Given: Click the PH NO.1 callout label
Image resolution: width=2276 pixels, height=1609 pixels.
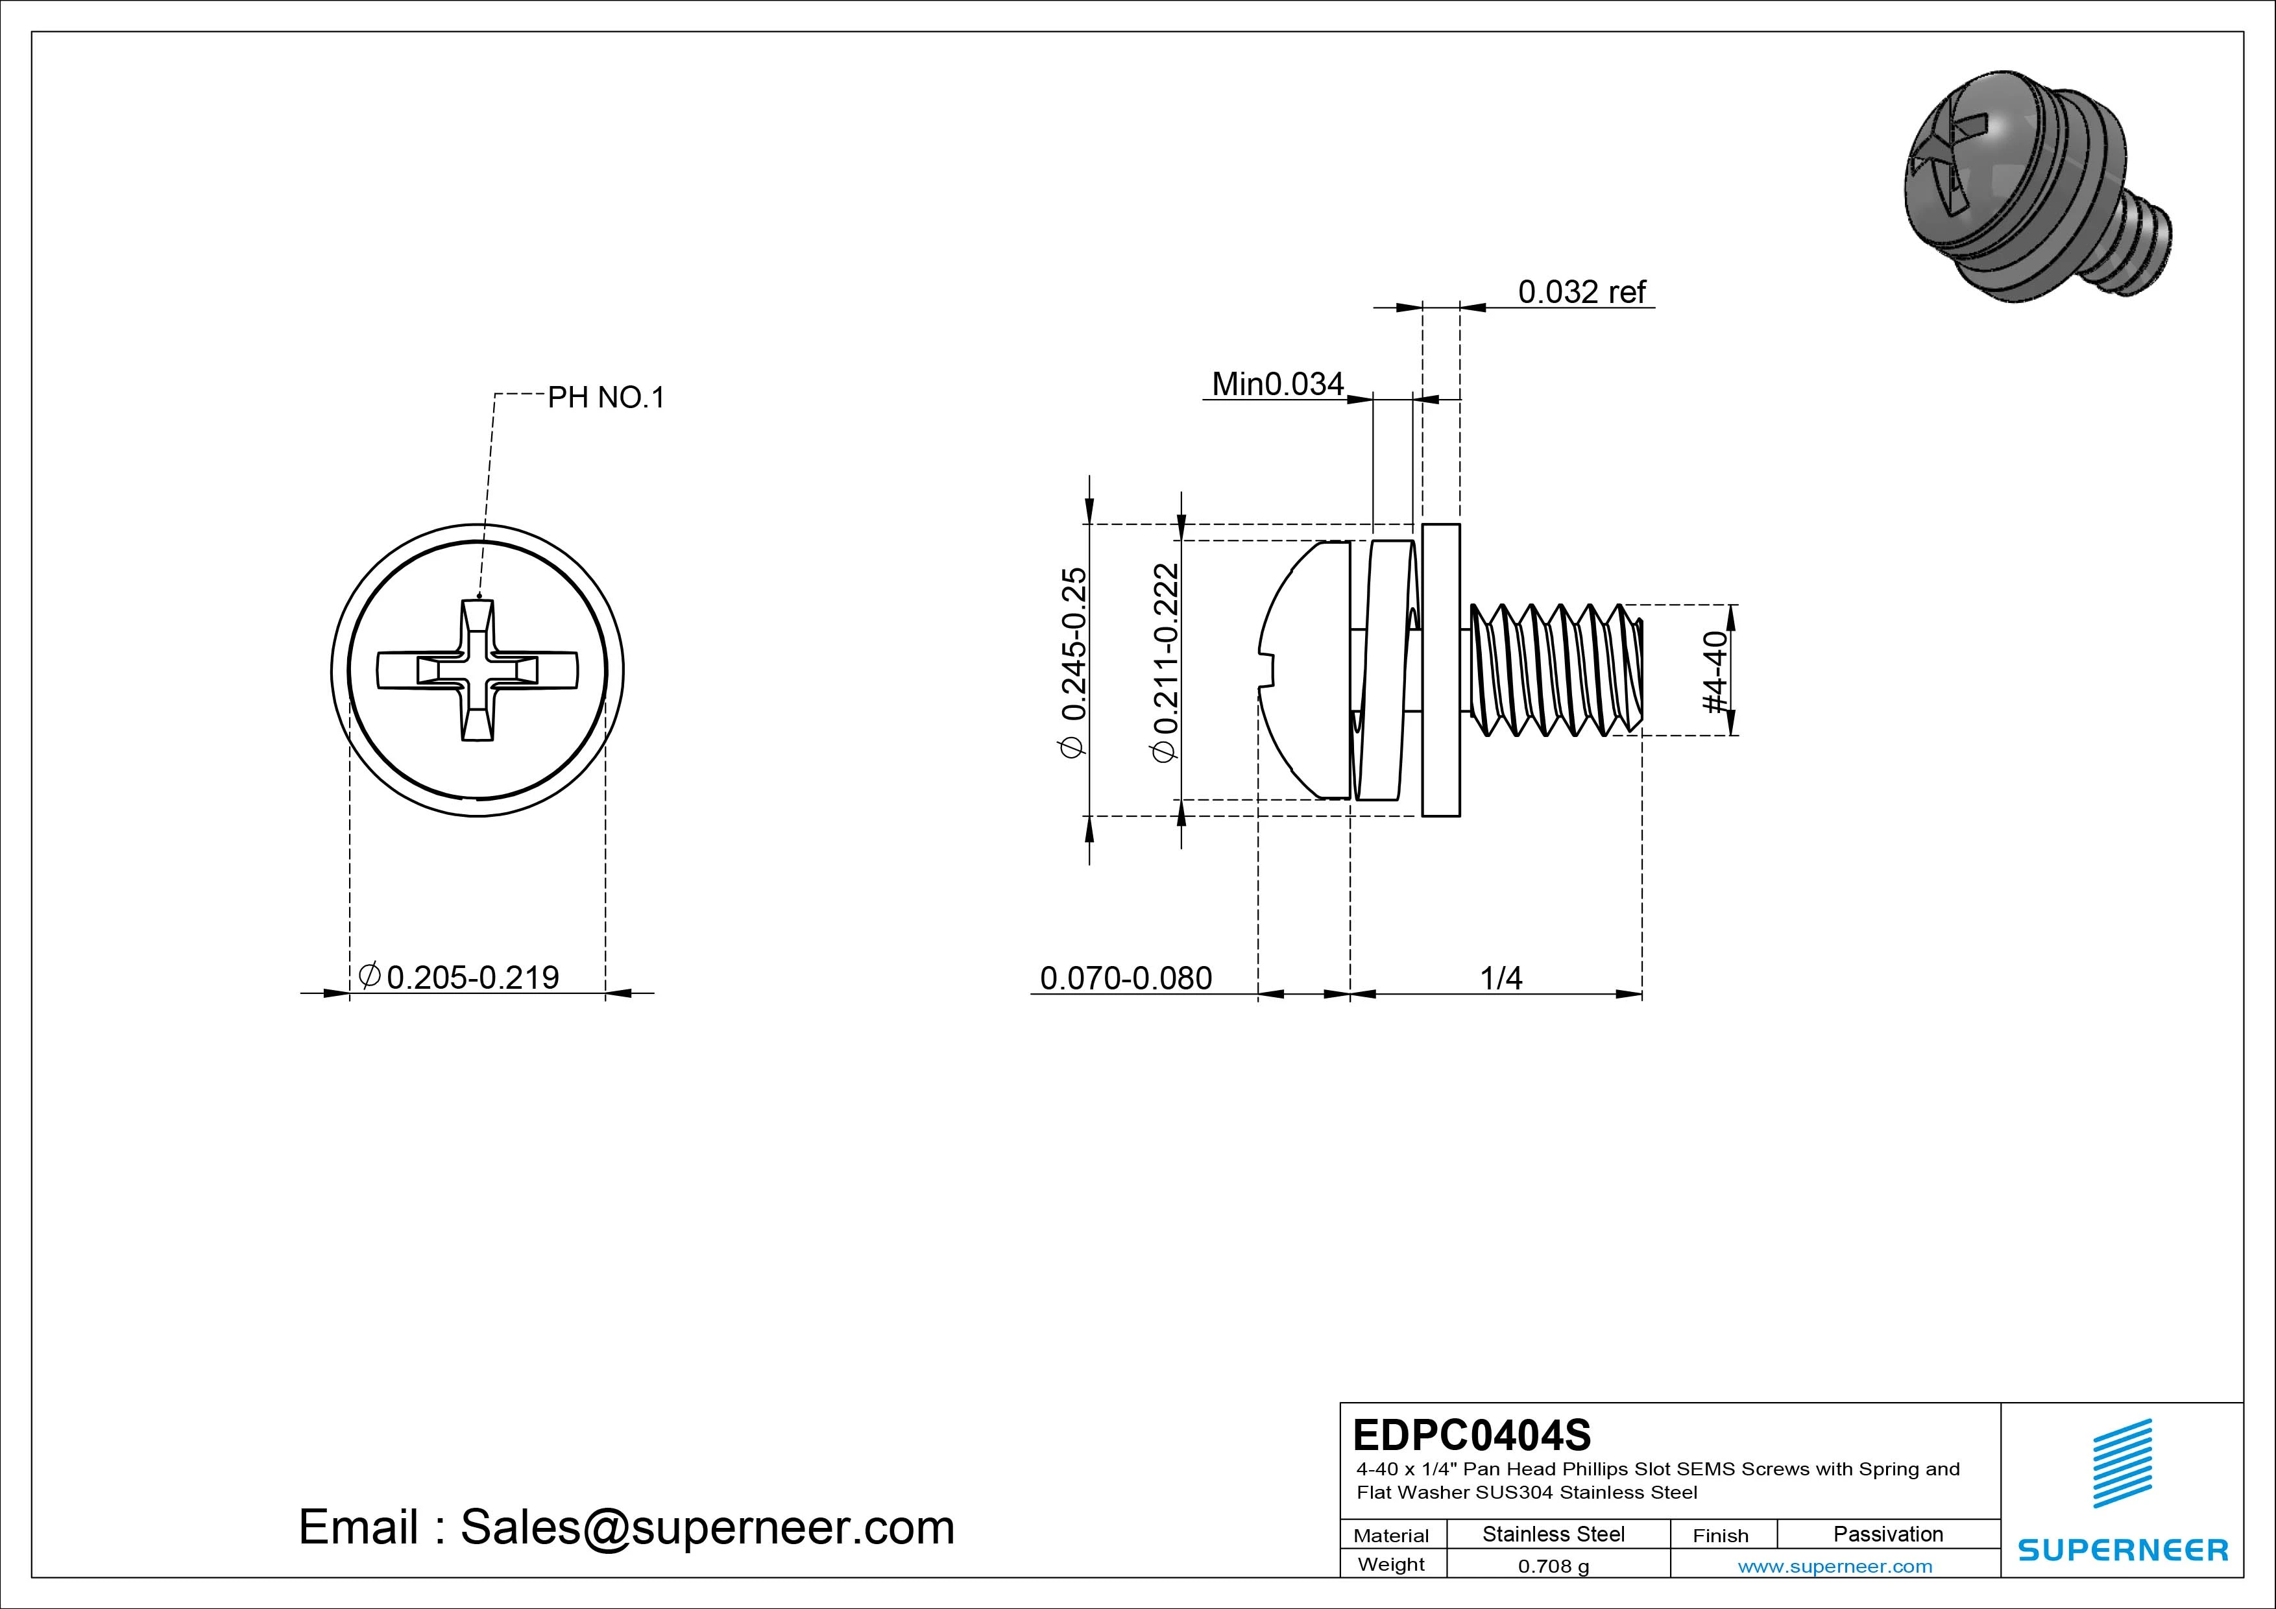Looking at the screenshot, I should pos(606,398).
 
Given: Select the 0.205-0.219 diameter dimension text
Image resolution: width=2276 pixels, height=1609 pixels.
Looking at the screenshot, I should pos(472,978).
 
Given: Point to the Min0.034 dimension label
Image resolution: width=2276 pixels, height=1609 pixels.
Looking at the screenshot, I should pos(1277,383).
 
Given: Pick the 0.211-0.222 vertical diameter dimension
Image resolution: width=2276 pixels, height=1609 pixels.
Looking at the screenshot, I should pos(1166,661).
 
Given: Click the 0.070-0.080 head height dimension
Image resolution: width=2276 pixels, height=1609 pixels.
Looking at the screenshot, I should pos(1125,978).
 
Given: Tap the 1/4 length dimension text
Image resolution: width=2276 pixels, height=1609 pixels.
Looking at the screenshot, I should pos(1500,978).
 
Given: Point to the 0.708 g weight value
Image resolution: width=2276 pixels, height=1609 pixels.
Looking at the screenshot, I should pos(1553,1566).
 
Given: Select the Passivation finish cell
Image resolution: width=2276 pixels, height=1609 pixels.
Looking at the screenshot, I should pos(1887,1534).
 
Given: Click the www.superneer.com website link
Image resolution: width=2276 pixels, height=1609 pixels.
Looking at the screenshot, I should pos(1835,1566).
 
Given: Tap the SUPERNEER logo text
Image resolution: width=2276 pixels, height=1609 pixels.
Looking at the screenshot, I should pos(2122,1549).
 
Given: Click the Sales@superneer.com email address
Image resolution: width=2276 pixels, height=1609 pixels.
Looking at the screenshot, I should pos(707,1527).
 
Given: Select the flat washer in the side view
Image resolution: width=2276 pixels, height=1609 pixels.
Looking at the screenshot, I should pos(1440,670).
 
